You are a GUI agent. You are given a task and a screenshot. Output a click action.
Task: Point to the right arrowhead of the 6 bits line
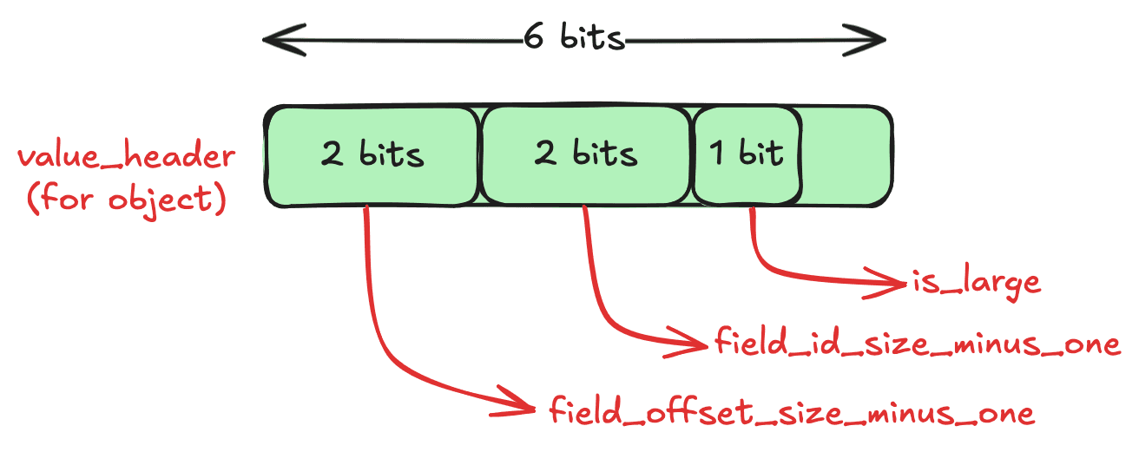click(865, 40)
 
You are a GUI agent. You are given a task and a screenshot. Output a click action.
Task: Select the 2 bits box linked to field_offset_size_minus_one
click(372, 156)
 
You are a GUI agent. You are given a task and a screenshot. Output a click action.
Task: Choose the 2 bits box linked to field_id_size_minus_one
click(586, 155)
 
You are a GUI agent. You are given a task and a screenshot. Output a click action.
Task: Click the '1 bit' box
click(747, 155)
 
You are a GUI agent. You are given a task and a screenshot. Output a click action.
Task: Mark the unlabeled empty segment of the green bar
click(846, 155)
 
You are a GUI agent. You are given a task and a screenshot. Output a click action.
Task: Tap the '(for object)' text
click(127, 199)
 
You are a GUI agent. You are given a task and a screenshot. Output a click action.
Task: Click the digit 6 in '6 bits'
click(533, 36)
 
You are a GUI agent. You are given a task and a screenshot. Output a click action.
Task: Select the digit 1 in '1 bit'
click(716, 153)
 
